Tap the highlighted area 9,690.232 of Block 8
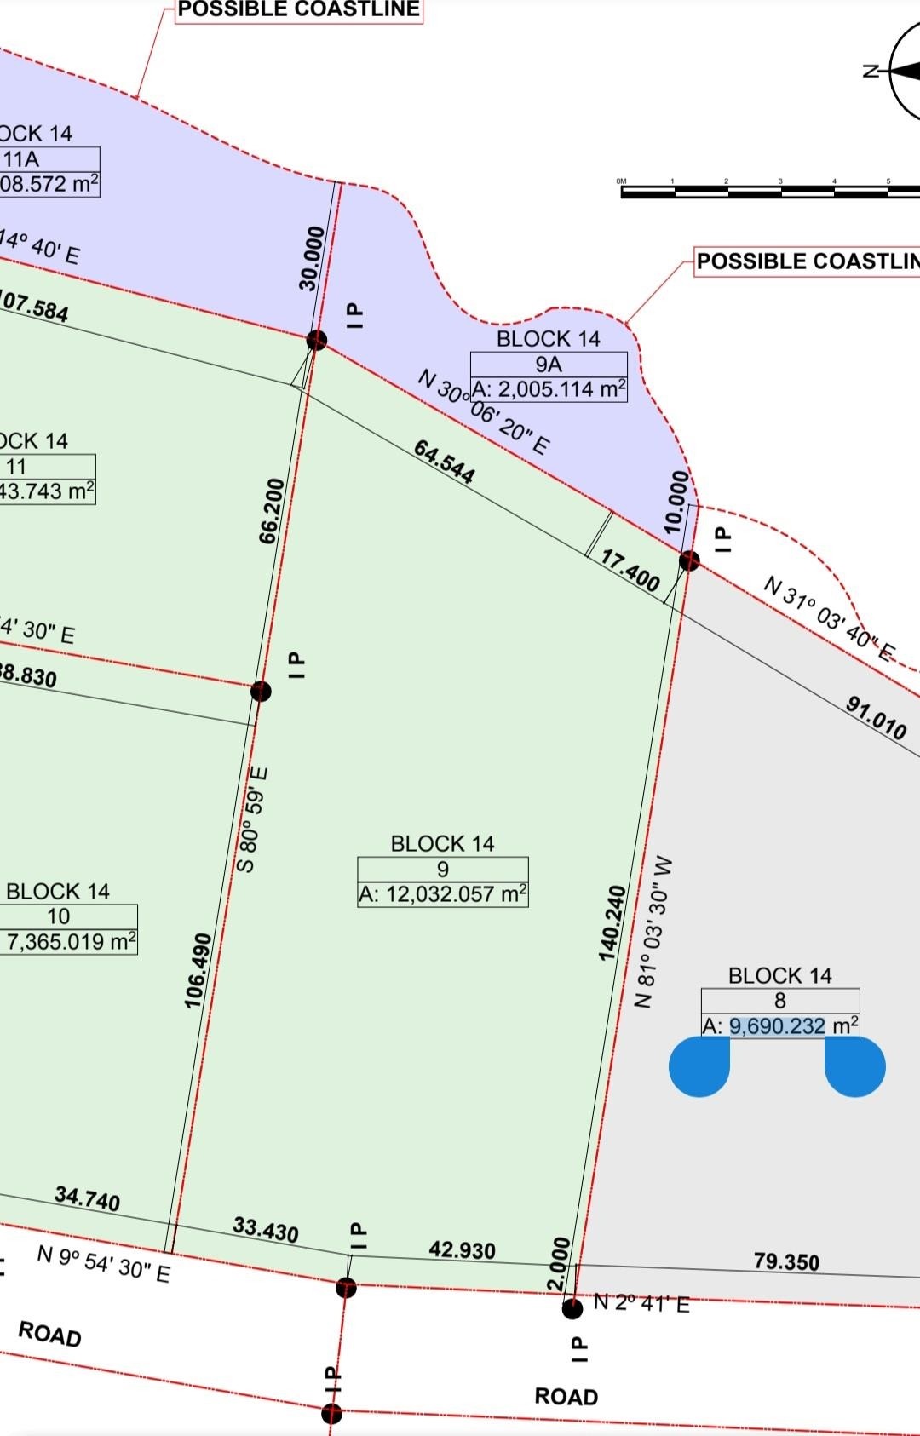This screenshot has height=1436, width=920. [x=777, y=1025]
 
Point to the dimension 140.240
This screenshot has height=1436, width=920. [x=612, y=923]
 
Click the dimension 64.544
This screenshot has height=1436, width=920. [x=444, y=461]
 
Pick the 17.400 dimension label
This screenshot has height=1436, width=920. [x=630, y=570]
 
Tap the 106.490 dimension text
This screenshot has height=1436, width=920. [x=198, y=971]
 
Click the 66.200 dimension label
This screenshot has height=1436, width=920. [x=271, y=511]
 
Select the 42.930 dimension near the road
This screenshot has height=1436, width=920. [x=462, y=1249]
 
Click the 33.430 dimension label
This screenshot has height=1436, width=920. [x=266, y=1229]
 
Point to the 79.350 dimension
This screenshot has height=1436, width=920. [x=786, y=1261]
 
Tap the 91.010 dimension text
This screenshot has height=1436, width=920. [x=876, y=717]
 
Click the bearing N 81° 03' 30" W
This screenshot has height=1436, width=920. [x=655, y=933]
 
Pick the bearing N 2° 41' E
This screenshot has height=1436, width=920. [x=641, y=1303]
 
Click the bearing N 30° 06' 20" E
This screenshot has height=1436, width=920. [x=484, y=412]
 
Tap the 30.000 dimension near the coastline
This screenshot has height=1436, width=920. [x=313, y=258]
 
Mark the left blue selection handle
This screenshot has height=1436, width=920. [x=699, y=1066]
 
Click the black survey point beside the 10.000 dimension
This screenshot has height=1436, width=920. [x=689, y=560]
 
